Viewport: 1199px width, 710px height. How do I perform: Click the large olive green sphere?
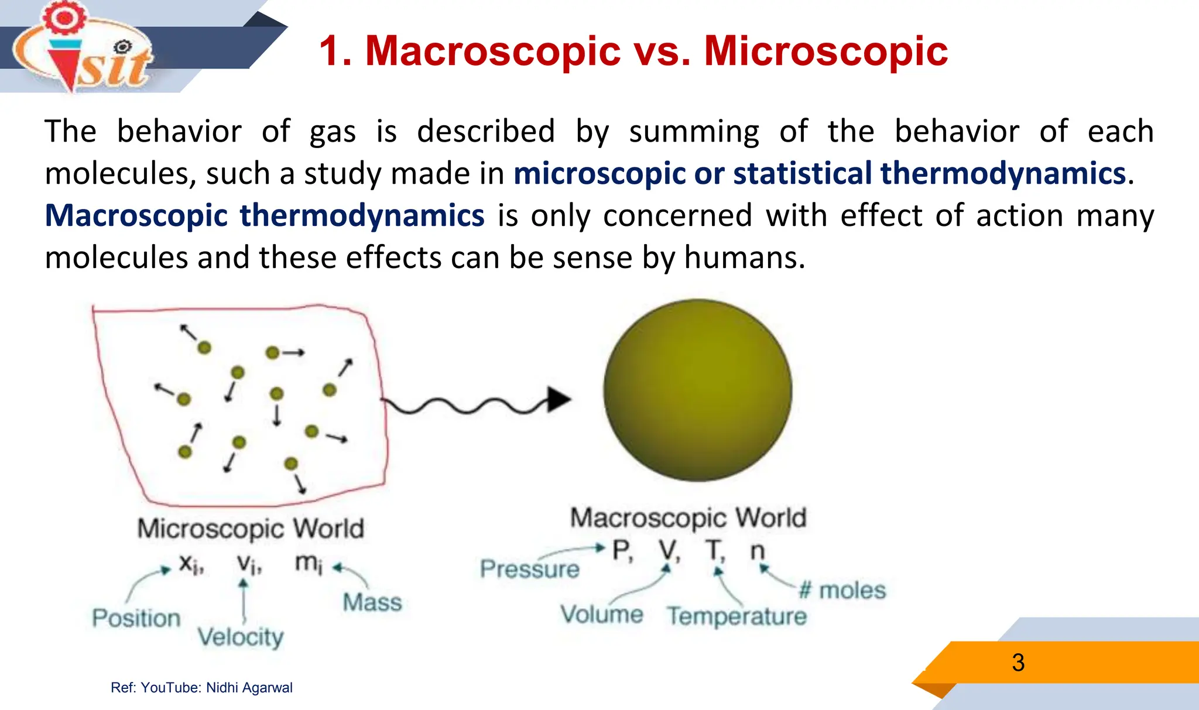[697, 390]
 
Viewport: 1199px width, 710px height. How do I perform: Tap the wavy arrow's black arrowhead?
[559, 400]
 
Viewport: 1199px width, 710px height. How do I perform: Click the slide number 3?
[1018, 663]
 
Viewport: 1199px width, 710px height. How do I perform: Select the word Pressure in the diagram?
[529, 569]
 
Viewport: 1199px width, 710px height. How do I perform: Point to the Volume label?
[601, 614]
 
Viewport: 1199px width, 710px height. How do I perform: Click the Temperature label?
[736, 616]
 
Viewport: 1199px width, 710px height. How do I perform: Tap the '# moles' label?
[842, 591]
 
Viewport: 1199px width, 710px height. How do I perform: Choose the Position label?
[136, 618]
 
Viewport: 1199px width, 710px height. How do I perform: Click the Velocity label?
[240, 637]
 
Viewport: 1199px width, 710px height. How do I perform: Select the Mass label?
[372, 602]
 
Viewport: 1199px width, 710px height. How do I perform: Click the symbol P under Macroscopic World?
[621, 551]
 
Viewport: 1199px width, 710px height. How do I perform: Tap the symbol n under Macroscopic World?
[758, 551]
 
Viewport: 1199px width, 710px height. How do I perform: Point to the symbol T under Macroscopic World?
[714, 551]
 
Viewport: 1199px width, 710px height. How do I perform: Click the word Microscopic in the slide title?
[825, 52]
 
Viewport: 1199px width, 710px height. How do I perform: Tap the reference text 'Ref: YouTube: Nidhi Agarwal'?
[201, 688]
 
